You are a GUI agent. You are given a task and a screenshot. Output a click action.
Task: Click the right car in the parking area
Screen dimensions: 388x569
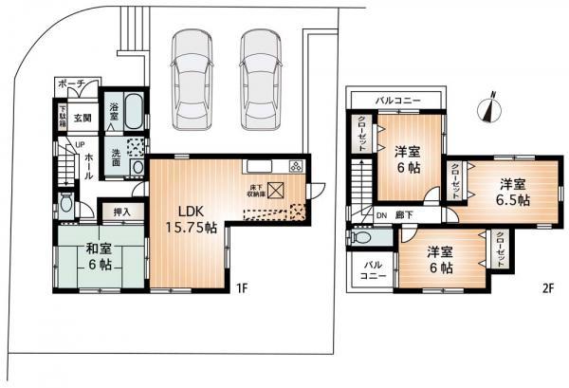pyautogui.click(x=259, y=71)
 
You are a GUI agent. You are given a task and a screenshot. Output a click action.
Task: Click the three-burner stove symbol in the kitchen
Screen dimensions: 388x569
pyautogui.click(x=296, y=166)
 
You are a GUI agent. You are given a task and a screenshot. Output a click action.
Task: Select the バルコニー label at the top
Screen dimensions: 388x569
pyautogui.click(x=397, y=98)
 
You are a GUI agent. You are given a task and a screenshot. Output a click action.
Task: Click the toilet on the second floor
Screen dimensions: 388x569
pyautogui.click(x=359, y=240)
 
